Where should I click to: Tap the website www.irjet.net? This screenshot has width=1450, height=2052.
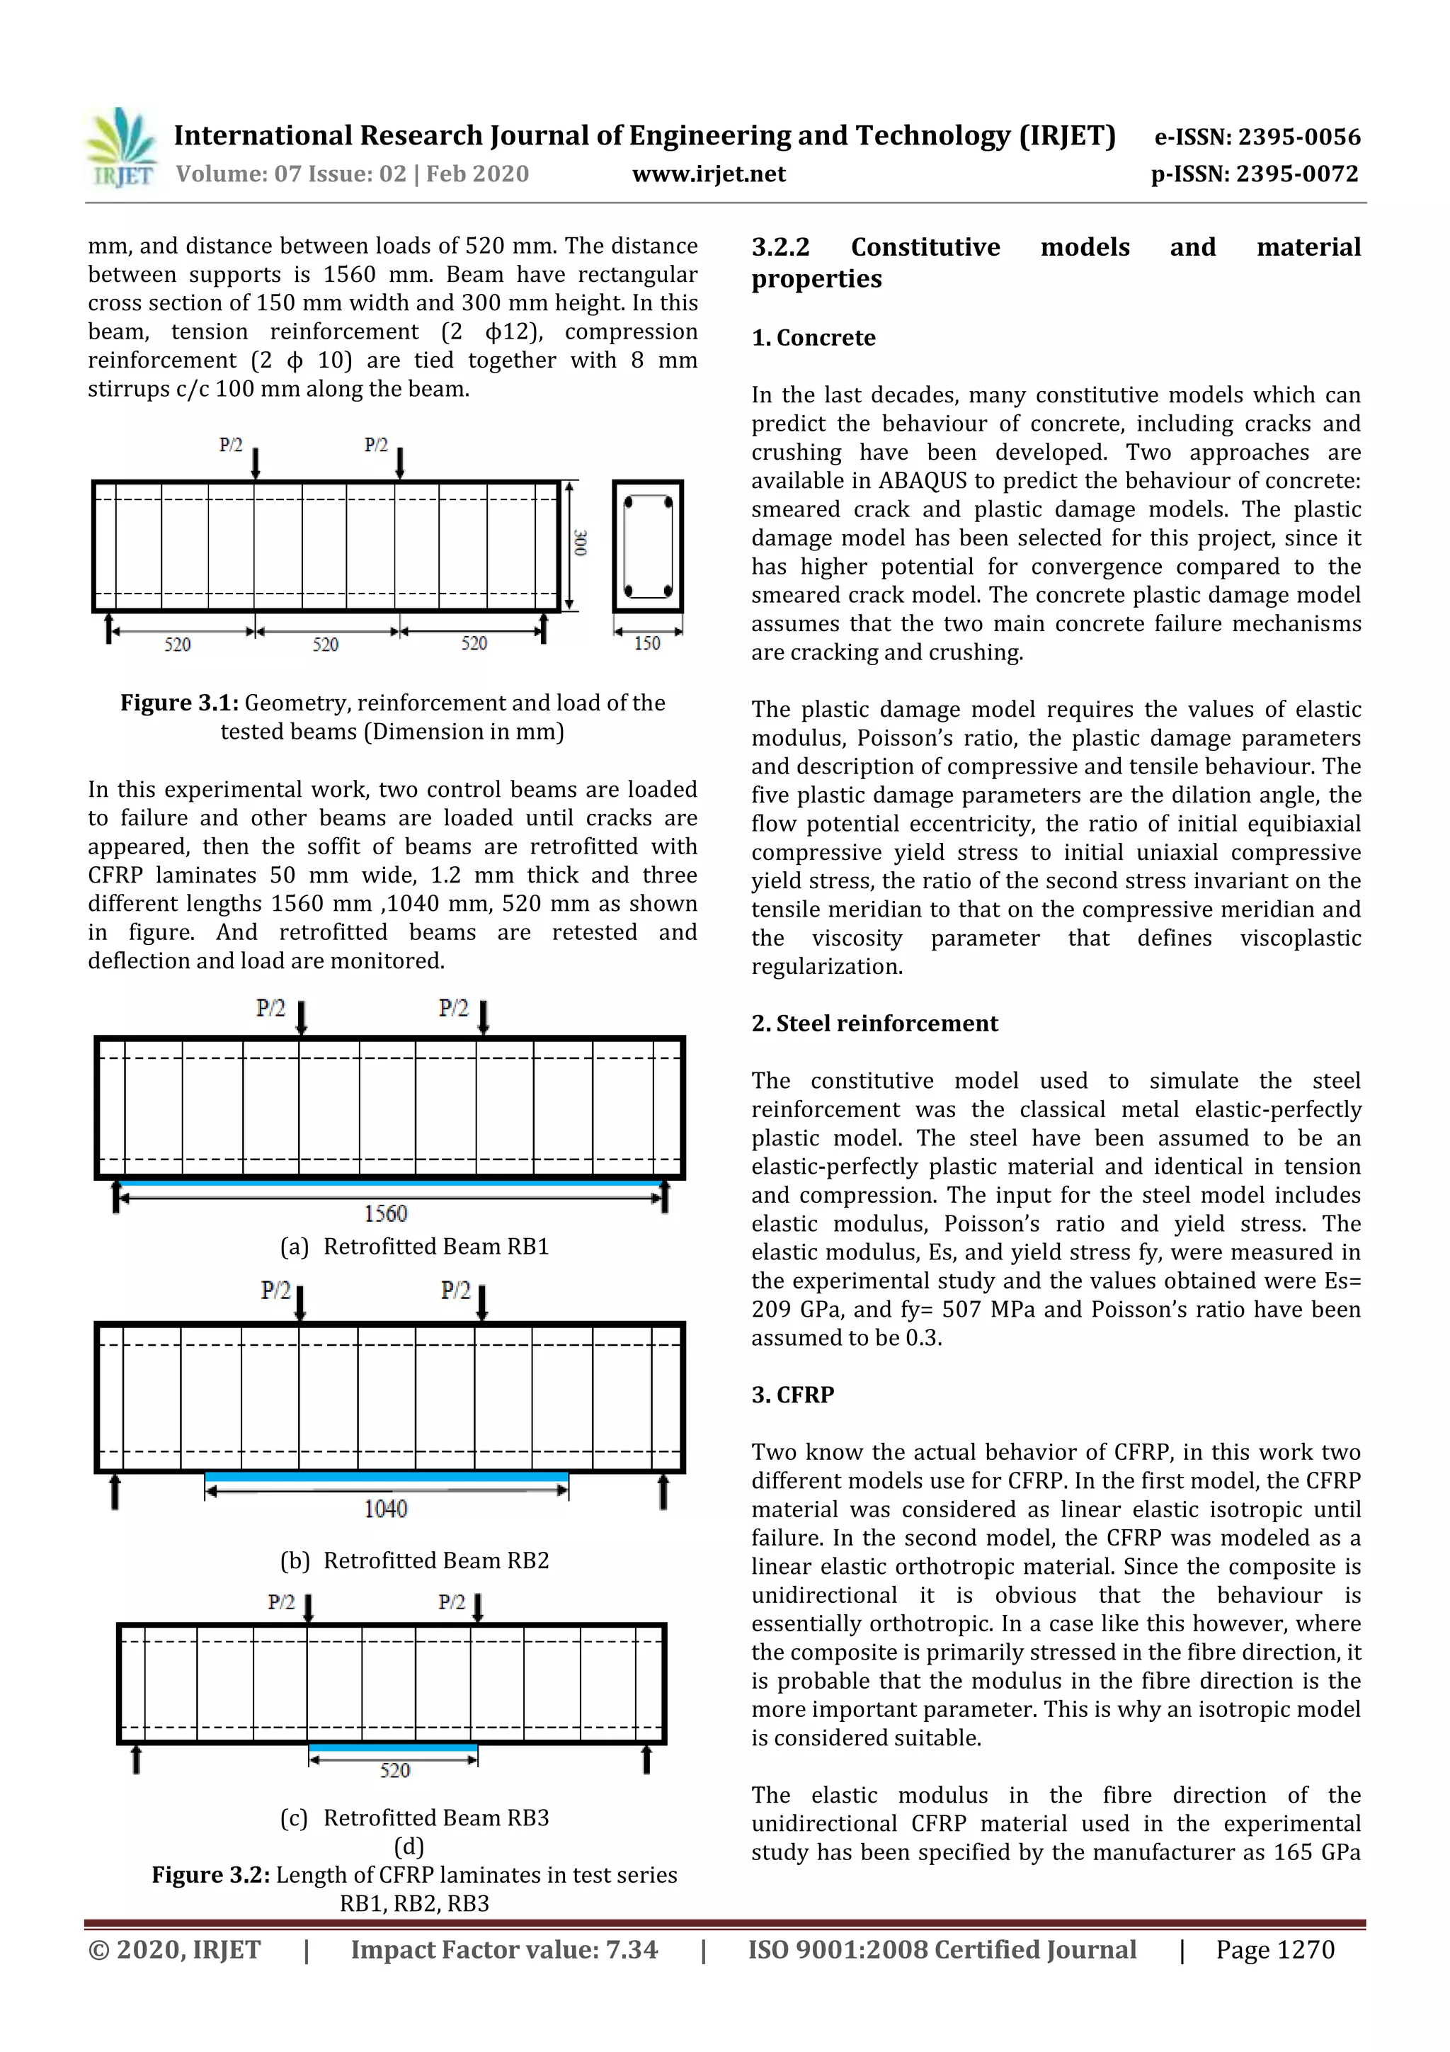(x=709, y=174)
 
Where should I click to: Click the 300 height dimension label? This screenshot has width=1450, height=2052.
(x=581, y=543)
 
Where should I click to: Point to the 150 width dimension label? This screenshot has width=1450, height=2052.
(x=647, y=643)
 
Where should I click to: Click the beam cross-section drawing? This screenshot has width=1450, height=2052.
(x=648, y=546)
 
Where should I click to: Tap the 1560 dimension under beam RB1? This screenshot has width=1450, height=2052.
(x=385, y=1213)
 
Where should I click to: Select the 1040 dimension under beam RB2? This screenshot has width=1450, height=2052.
(x=385, y=1509)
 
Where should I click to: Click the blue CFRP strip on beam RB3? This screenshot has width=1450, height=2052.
(x=392, y=1747)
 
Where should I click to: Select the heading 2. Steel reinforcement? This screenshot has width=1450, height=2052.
(x=874, y=1024)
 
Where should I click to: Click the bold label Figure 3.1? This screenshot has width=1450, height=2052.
(x=178, y=703)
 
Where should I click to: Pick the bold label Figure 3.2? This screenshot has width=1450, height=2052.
(x=210, y=1874)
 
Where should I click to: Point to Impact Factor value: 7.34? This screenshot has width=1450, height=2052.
(x=504, y=1949)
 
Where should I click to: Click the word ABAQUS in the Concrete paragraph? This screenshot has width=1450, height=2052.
(x=921, y=481)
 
